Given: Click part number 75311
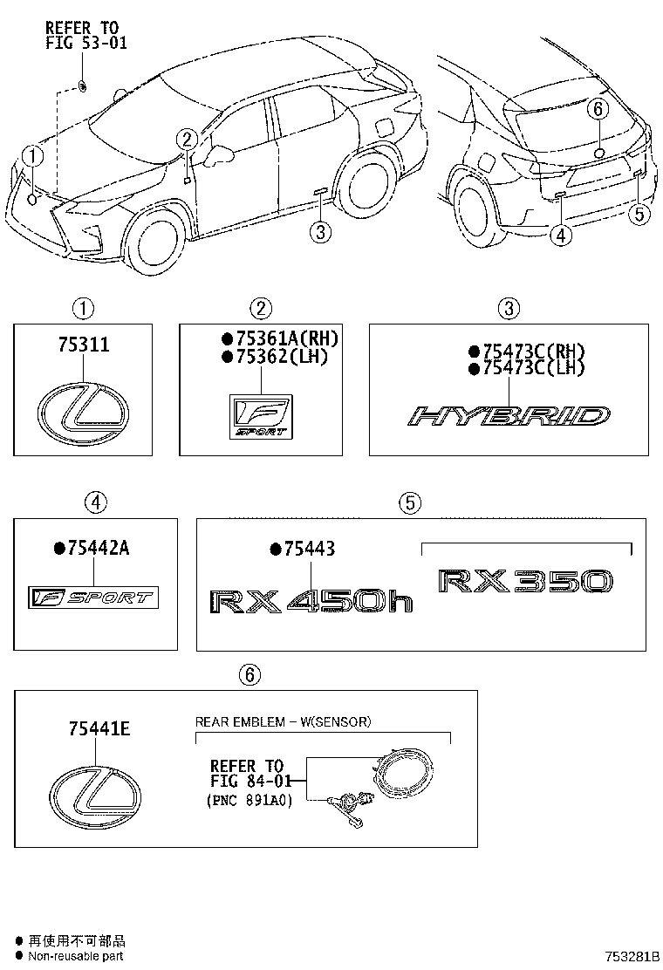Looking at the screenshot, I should pos(85,345).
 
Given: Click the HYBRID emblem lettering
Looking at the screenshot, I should pos(509,417).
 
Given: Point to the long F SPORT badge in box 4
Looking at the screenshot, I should pos(92,598).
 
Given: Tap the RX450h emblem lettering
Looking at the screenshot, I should pos(311,601).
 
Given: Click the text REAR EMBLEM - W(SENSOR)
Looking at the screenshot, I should pos(283,721).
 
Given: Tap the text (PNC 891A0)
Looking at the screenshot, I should pos(249,799).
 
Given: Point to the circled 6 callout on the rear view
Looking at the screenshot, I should pos(598,109).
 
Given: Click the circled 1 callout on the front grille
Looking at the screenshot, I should pos(32,157).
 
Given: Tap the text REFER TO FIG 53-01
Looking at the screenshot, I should pos(86,36).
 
